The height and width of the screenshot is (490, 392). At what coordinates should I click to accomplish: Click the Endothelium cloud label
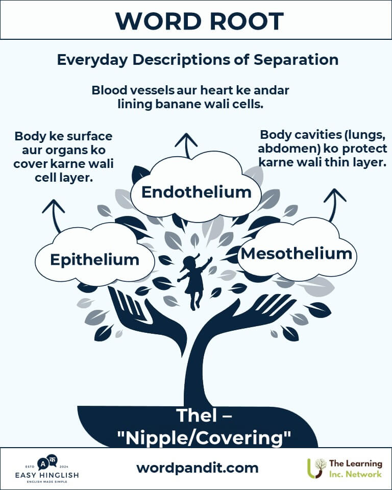pos(196,192)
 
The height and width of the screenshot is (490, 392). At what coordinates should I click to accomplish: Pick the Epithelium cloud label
pos(94,259)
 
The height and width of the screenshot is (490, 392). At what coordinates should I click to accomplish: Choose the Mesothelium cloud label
pos(296,254)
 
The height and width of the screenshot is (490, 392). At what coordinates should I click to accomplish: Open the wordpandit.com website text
pos(198,468)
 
